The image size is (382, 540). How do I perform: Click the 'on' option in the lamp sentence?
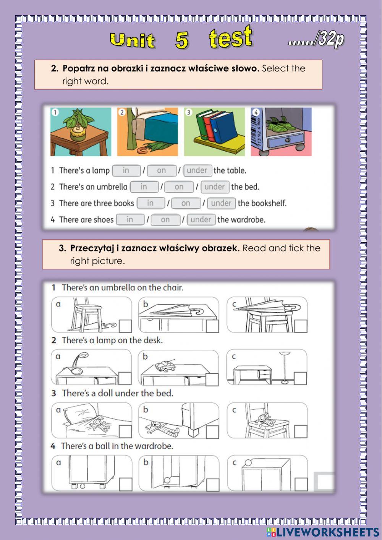(x=162, y=170)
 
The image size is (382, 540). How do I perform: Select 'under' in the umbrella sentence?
(x=215, y=186)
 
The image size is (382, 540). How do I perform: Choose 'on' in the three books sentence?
(x=186, y=203)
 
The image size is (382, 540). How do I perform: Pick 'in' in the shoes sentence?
(x=130, y=219)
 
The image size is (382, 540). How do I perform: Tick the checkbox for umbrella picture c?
(x=301, y=326)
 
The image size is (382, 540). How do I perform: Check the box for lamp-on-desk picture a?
(x=125, y=378)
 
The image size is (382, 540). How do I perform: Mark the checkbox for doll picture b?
(x=212, y=431)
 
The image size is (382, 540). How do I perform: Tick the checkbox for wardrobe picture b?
(x=212, y=485)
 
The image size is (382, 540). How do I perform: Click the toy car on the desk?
(x=165, y=366)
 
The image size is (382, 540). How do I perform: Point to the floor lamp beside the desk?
(x=285, y=367)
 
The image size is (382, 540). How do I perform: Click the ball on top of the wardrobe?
(x=248, y=463)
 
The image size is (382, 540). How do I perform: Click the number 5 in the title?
(x=182, y=40)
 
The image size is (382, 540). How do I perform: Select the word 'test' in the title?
(x=230, y=37)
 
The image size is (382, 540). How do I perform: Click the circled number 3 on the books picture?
(x=189, y=112)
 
